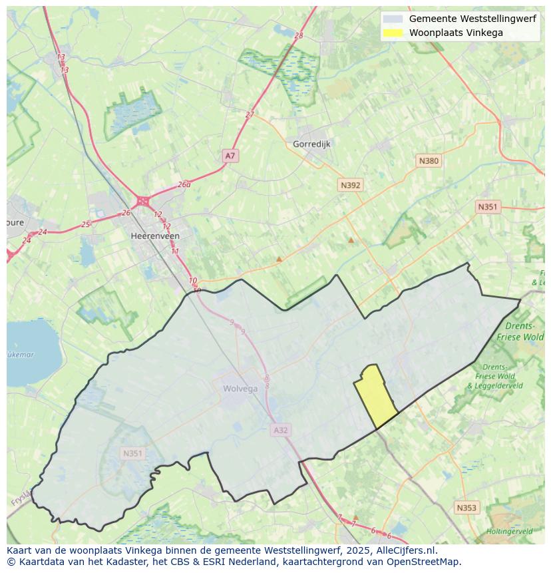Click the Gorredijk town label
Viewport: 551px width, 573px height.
311,144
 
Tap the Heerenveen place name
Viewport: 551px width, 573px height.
155,236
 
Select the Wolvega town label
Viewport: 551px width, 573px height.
240,389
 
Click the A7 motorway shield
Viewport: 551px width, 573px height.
230,156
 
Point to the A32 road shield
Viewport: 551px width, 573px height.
281,431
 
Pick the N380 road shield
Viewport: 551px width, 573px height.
429,161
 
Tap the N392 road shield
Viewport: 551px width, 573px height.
350,186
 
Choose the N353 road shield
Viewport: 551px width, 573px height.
466,508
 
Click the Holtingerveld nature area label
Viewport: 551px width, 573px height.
509,532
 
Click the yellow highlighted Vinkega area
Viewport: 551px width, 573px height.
374,397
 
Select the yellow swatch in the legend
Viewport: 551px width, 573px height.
393,33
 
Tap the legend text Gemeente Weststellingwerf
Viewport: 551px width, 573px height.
472,19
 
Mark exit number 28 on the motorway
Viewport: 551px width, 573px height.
298,36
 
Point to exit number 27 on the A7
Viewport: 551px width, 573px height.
250,114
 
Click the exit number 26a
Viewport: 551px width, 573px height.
184,185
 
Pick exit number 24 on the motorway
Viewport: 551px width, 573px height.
43,232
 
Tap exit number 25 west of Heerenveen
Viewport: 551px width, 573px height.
85,225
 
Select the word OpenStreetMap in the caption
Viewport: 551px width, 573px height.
426,562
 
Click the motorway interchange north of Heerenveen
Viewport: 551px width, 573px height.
142,200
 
